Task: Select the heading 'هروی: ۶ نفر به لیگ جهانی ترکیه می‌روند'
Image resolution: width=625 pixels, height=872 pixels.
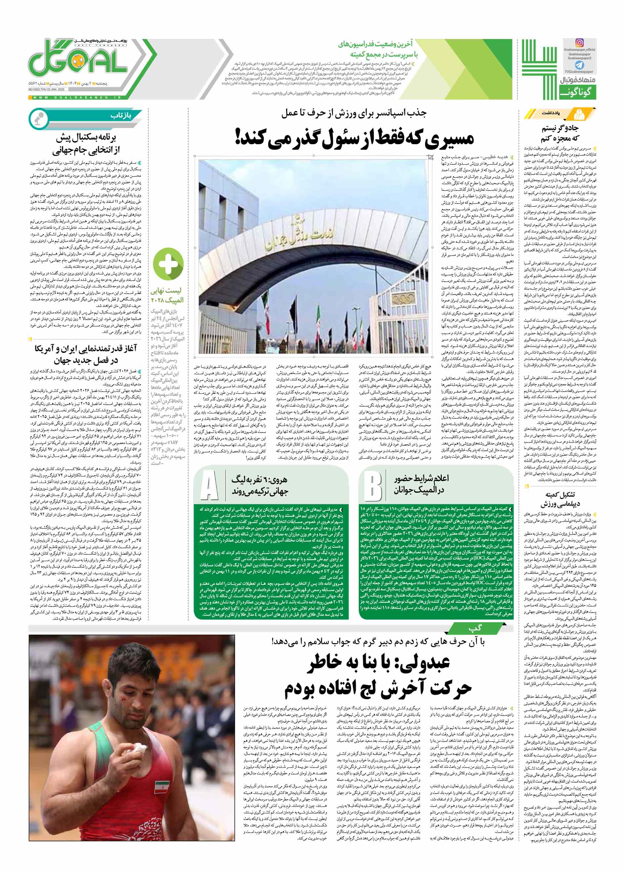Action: point(260,485)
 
